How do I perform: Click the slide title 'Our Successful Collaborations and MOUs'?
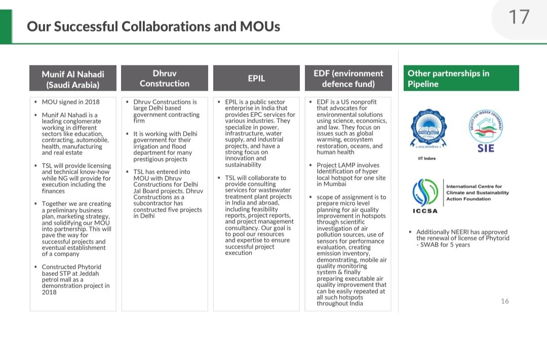click(x=153, y=26)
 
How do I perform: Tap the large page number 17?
click(x=519, y=17)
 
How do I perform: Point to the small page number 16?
click(x=504, y=301)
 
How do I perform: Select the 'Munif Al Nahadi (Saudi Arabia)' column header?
click(x=73, y=79)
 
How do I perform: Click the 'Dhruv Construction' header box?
click(x=165, y=78)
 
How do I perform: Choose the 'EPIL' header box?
click(x=256, y=78)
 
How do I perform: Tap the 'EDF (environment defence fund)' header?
click(x=348, y=78)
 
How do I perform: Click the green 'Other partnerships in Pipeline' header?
click(x=461, y=78)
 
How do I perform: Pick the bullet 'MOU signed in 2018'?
click(x=70, y=102)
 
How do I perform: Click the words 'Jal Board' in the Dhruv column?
click(x=147, y=191)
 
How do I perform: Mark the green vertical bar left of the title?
click(x=6, y=26)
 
